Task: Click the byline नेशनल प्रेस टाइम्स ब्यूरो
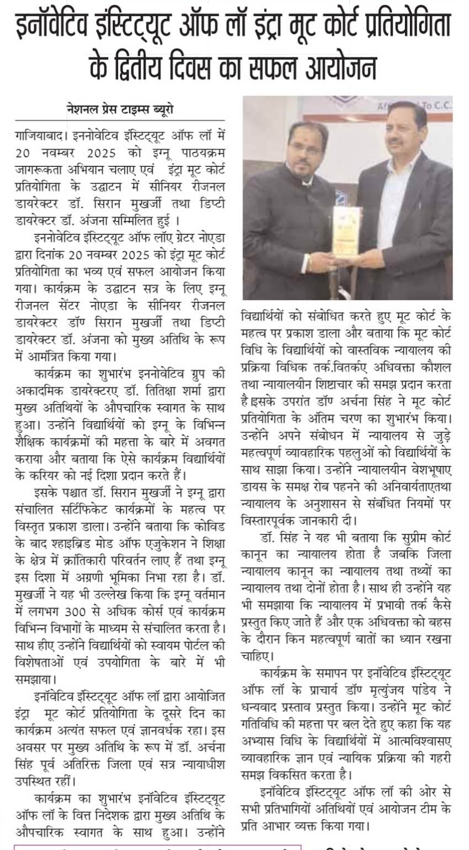click(120, 109)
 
